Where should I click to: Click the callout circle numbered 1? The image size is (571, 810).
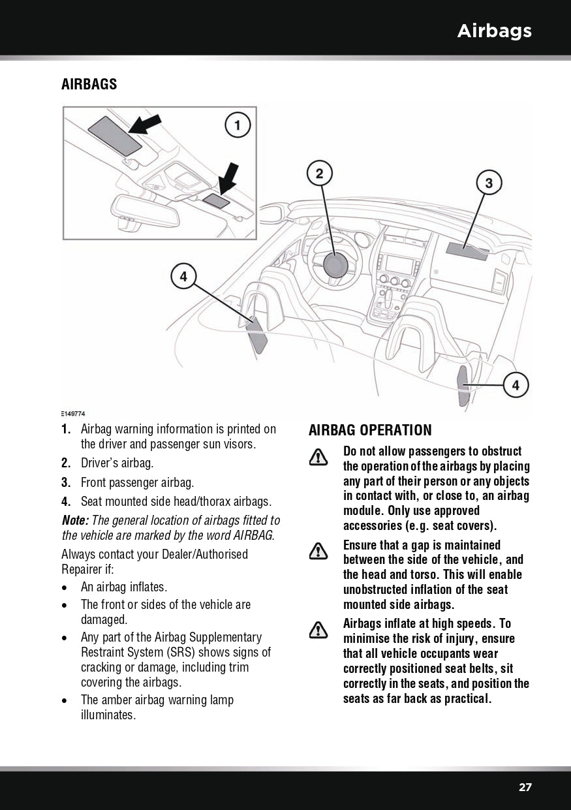click(x=238, y=125)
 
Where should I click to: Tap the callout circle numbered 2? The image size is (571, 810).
click(x=320, y=173)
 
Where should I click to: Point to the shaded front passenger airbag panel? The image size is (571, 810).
click(x=467, y=251)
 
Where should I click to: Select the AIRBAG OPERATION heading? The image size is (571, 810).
click(x=370, y=430)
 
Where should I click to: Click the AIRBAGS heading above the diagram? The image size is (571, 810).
click(x=89, y=84)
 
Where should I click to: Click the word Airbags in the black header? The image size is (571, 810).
click(x=494, y=31)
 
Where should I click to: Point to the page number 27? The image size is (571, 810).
click(x=525, y=787)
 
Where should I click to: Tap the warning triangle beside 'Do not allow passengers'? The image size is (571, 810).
click(x=318, y=458)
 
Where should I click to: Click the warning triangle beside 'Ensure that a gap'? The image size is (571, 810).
click(x=318, y=552)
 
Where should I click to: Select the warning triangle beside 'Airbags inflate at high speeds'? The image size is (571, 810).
click(x=318, y=630)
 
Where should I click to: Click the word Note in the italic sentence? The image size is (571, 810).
click(x=75, y=520)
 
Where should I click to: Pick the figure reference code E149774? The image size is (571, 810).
click(x=73, y=414)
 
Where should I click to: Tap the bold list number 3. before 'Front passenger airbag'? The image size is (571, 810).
click(x=66, y=483)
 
